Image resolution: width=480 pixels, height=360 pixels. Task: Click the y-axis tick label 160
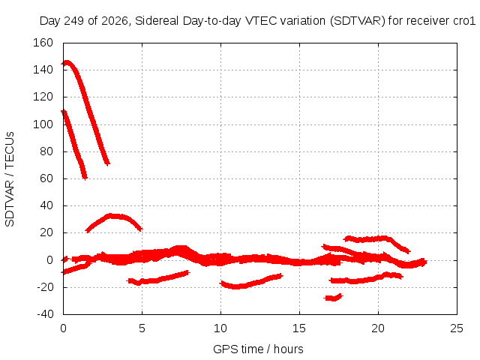(x=43, y=43)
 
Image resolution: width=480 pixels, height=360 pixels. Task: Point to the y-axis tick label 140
(x=43, y=70)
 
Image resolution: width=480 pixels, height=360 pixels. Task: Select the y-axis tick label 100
(x=43, y=124)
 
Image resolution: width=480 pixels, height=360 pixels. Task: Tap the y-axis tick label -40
(x=45, y=313)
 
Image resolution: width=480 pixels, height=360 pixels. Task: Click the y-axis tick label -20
(x=45, y=287)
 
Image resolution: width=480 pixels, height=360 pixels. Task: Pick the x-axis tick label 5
(x=142, y=328)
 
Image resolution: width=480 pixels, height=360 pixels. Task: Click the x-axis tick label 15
(x=299, y=328)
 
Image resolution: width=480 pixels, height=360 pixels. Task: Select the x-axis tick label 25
(x=457, y=328)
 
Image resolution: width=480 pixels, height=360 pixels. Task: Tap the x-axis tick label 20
(x=378, y=328)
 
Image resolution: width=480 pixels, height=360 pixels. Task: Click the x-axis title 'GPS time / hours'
(x=258, y=349)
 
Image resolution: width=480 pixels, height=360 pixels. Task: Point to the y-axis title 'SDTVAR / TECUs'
(x=10, y=179)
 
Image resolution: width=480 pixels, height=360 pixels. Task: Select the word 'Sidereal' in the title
(x=157, y=21)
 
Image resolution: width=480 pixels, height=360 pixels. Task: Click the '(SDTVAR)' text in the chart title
(x=358, y=21)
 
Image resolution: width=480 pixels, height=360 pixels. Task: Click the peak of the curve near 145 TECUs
(x=67, y=62)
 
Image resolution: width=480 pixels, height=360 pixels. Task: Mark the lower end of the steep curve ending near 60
(x=85, y=178)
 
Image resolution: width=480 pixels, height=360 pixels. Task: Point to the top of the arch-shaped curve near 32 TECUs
(x=112, y=216)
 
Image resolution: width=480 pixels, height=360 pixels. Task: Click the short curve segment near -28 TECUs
(x=334, y=298)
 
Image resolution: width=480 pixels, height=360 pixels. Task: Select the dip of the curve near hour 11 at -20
(x=236, y=286)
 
